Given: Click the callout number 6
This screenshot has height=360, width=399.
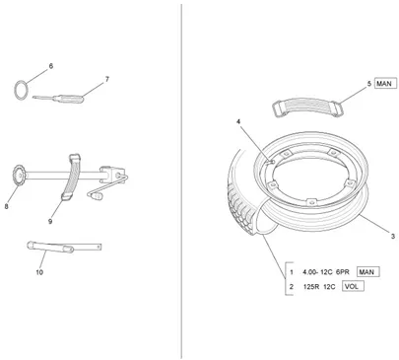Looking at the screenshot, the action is (x=51, y=66).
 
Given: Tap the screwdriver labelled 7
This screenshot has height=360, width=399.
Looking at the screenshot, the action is (x=58, y=98).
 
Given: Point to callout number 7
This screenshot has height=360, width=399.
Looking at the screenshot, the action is (x=107, y=79).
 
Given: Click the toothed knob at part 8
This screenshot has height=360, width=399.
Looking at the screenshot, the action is (x=19, y=177).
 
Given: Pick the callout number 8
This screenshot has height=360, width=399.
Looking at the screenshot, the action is (x=6, y=206).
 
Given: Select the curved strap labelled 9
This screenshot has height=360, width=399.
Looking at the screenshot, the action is (x=72, y=177).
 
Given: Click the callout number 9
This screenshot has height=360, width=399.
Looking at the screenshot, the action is (x=50, y=221).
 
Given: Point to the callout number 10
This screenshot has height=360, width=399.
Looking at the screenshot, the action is (x=39, y=272).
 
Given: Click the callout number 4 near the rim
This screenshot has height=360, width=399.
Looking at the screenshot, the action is (x=238, y=121).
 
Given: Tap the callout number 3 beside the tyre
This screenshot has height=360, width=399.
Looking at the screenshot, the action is (x=393, y=236).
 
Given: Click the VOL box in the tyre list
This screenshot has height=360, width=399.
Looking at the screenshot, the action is (x=352, y=286).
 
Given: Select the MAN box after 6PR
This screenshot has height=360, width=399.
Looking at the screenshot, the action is (x=366, y=272).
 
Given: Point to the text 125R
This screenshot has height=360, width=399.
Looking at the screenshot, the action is (x=311, y=287).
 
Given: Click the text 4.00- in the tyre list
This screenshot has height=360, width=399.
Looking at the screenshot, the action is (x=311, y=272).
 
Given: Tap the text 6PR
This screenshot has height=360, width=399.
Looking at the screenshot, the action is (x=343, y=272).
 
